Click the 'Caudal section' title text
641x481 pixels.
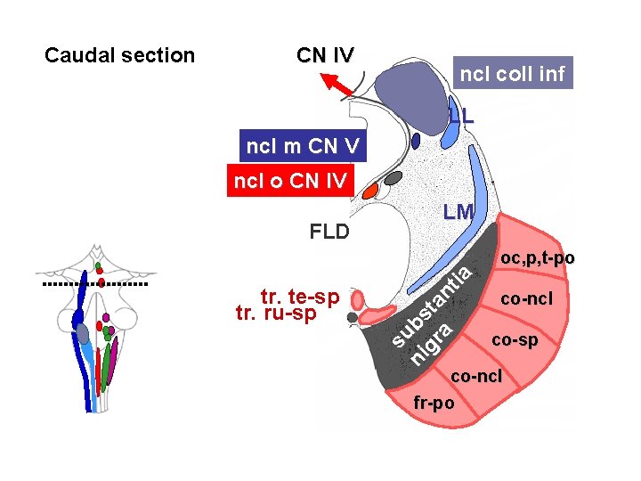[x=119, y=55]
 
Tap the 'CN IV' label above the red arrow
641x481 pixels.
[x=325, y=54]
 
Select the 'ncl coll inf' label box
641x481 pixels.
[x=511, y=73]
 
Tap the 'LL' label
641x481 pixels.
[x=461, y=115]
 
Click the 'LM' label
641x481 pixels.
[x=458, y=212]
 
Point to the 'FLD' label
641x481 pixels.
[x=329, y=232]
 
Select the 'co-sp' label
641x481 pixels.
[x=515, y=340]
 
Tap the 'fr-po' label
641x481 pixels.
[x=434, y=403]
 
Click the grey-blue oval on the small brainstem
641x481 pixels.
[x=84, y=333]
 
